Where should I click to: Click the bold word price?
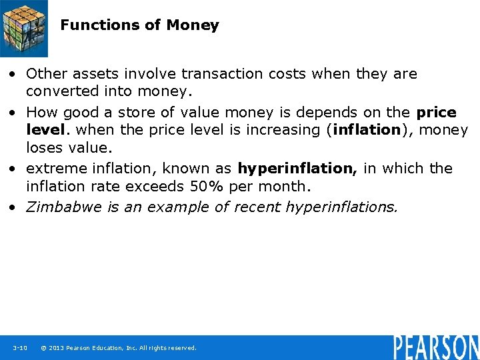pos(436,112)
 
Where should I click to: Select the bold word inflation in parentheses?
pos(365,130)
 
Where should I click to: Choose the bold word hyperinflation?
pos(297,169)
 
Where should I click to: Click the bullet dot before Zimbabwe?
pos(13,207)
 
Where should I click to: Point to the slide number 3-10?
pos(19,348)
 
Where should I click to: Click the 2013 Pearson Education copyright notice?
pos(119,348)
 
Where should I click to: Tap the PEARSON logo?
pos(436,347)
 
